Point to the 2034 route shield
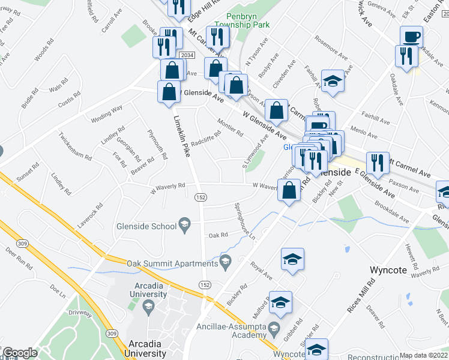187,55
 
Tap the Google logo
19,353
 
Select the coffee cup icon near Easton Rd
412,37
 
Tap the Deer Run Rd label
18,254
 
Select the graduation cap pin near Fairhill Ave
332,81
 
